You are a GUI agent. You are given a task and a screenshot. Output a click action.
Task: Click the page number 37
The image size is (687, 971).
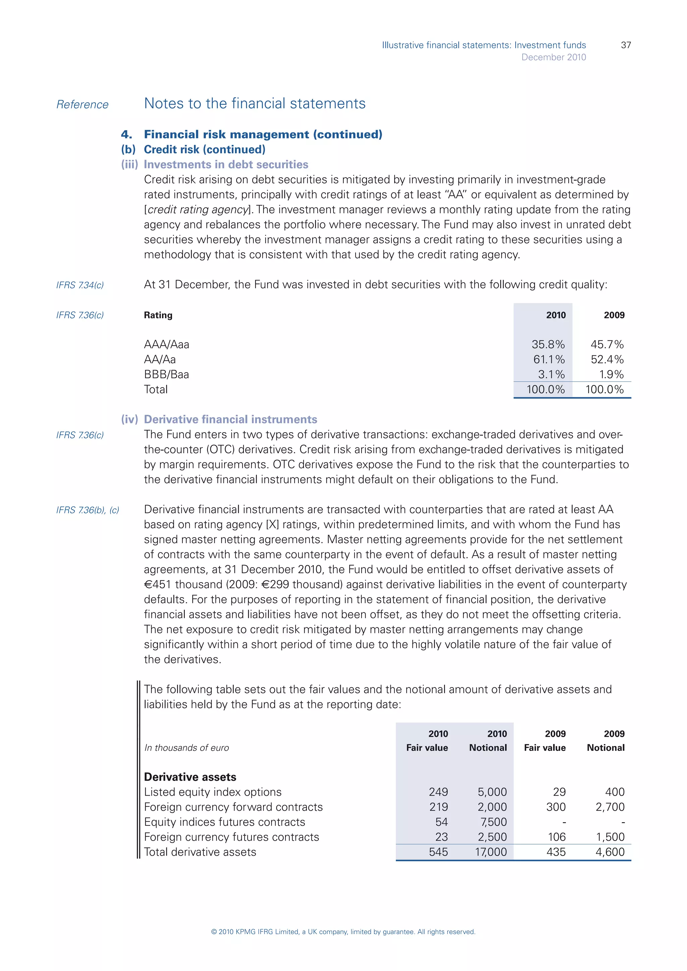tap(626, 45)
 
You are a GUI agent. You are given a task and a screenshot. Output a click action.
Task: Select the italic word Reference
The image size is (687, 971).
tap(83, 105)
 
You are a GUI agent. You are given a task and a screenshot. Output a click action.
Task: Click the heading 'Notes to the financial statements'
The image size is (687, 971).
tap(255, 104)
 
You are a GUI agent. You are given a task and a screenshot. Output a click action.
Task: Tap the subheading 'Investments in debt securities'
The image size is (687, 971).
tap(226, 165)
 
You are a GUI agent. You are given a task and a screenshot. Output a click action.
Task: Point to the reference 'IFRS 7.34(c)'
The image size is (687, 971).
tap(80, 285)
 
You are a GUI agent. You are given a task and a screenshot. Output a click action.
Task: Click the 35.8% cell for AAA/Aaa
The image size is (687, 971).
tap(548, 344)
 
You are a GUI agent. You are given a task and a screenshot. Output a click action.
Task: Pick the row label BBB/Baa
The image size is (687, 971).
tap(166, 374)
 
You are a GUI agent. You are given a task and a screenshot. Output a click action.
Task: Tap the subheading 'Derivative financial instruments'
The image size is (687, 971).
tap(230, 419)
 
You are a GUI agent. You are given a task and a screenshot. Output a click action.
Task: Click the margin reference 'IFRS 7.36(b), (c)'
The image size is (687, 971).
tap(88, 510)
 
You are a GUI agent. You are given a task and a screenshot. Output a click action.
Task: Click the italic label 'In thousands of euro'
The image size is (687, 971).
tap(186, 748)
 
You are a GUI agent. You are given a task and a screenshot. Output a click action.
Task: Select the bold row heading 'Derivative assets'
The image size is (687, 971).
tap(190, 777)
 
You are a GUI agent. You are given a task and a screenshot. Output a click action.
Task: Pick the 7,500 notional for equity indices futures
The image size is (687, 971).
tap(493, 822)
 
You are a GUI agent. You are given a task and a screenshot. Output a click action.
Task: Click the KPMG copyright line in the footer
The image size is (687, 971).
tap(343, 932)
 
